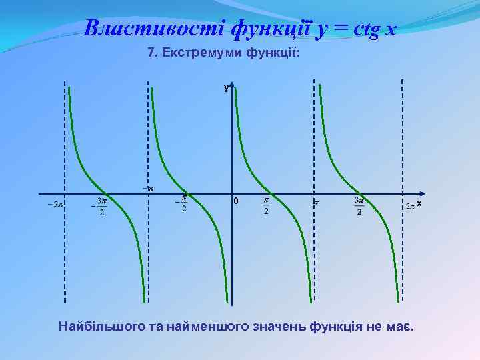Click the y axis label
pos(226,87)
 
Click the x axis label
pos(420,203)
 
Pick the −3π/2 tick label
pos(99,206)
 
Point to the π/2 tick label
pos(265,206)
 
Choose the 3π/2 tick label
pos(359,206)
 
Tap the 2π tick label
pos(411,206)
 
